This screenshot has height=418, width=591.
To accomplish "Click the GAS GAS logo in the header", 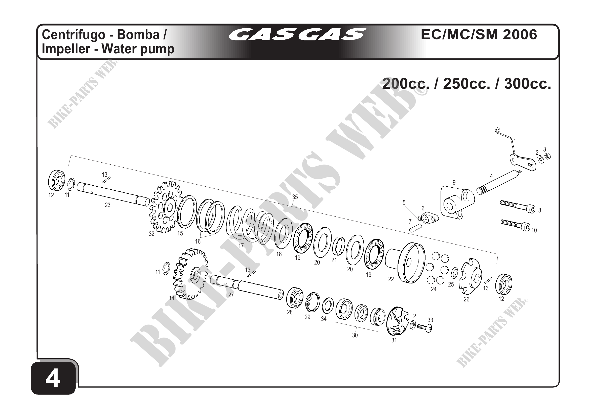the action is coord(298,34).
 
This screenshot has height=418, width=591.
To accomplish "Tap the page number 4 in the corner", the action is coord(53,379).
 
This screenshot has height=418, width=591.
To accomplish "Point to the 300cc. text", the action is coord(528,84).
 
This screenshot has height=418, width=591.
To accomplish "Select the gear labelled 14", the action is coord(191,274).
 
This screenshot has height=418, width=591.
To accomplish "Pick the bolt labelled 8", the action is coord(518,206).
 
